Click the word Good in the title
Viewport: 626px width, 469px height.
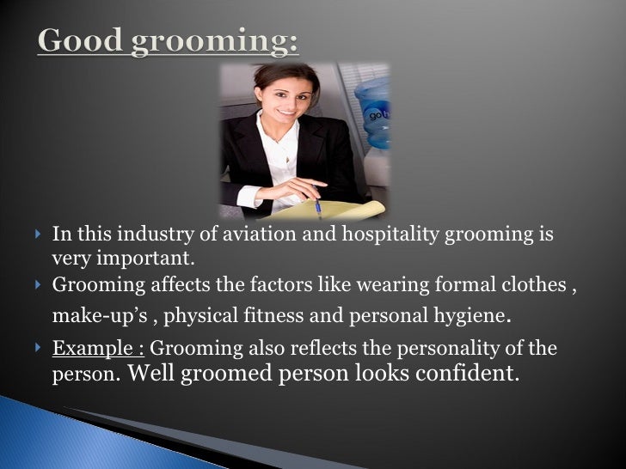tap(83, 40)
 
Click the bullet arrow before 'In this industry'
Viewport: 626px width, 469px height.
tap(38, 234)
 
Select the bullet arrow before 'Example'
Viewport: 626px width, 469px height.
tap(38, 348)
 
